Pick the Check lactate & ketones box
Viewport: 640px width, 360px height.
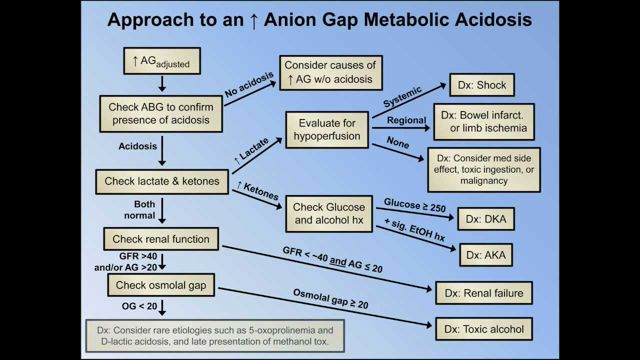[162, 183]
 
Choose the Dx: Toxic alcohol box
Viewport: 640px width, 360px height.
[486, 325]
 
